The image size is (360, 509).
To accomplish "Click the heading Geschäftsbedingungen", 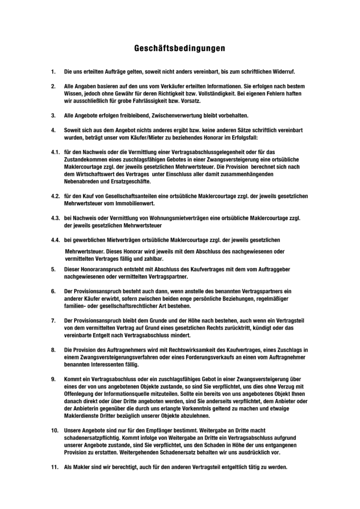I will (180, 49).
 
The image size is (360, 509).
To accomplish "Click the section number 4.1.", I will (55, 151).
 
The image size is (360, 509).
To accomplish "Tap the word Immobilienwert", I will (135, 204).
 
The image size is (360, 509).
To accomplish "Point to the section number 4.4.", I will (55, 240).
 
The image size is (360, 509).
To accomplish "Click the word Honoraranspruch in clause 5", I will (99, 269).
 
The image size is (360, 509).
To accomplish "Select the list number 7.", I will (53, 320).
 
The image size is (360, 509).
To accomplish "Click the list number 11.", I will (55, 468).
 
